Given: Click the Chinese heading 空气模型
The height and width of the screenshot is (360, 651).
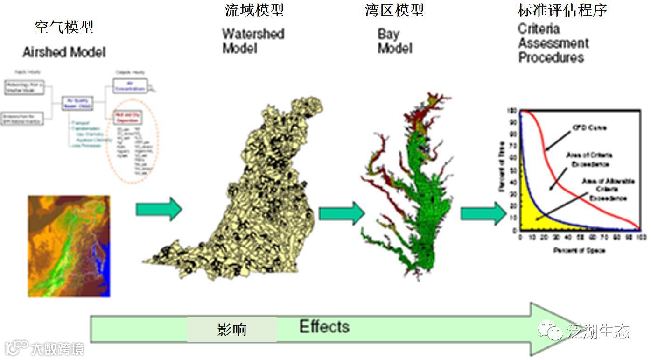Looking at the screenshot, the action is coord(64,27).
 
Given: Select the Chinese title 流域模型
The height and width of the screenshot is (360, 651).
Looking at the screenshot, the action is coord(254,10).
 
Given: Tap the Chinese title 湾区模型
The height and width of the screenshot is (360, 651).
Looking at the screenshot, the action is coord(395,10).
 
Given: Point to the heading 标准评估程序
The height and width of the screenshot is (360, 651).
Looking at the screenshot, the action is coord(563,10).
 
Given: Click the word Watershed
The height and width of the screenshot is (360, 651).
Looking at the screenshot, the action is coord(253,34).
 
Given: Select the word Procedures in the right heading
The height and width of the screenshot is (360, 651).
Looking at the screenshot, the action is coord(552,58).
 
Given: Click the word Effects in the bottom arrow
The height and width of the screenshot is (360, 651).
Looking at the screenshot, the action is coord(324,326).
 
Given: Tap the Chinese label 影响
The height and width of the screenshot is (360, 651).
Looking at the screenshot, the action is coord(232,330).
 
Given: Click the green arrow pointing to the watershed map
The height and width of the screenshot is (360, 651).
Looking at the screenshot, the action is coord(159,209).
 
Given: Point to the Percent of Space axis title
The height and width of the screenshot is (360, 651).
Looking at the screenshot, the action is coord(579,251).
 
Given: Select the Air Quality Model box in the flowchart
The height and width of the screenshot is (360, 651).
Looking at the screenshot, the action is coord(78,103).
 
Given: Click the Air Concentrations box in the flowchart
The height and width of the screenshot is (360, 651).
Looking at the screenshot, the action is coord(130,85).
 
